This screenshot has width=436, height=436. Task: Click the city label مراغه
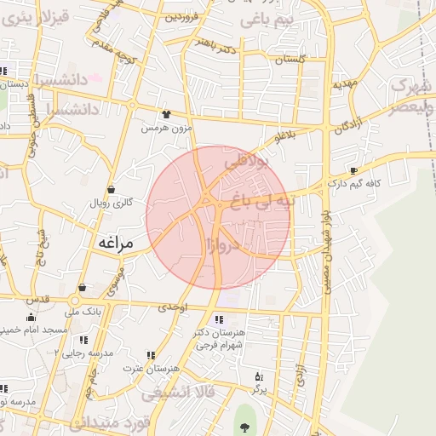tap(116, 244)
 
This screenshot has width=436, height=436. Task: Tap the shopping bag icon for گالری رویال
tap(112, 190)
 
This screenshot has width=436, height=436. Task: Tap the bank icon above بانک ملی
tap(82, 288)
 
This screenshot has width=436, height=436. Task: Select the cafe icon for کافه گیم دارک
tap(353, 170)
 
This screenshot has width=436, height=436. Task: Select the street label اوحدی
tap(173, 306)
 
